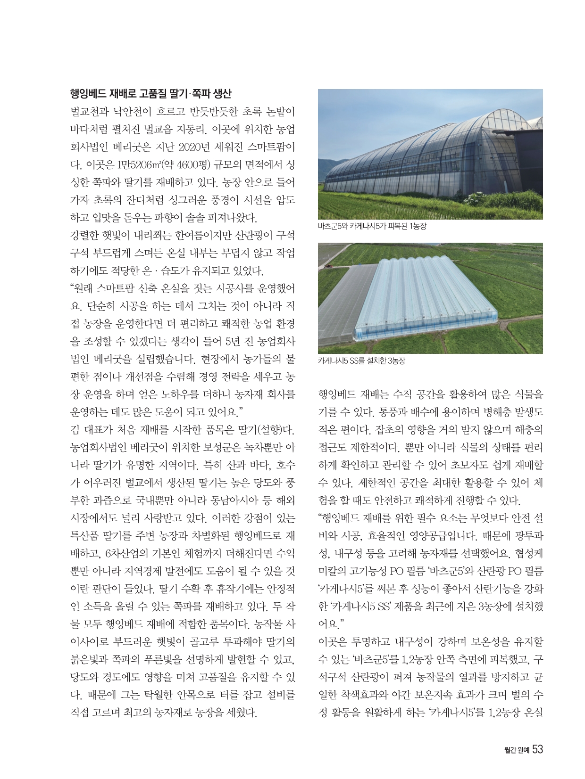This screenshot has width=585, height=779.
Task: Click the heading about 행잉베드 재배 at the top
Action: (150, 93)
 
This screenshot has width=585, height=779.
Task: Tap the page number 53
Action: (538, 749)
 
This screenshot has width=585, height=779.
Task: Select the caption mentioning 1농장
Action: (372, 227)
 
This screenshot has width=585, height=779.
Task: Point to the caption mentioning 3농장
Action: (361, 361)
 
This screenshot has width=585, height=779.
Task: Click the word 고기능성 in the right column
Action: (369, 572)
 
